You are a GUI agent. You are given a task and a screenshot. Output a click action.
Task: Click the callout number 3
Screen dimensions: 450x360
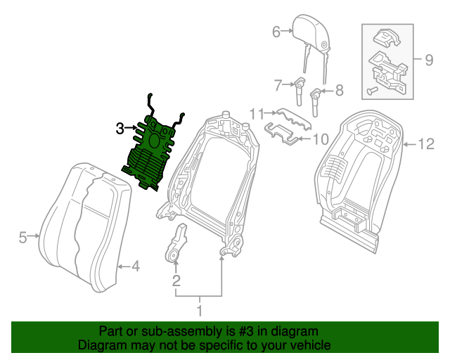[120, 129]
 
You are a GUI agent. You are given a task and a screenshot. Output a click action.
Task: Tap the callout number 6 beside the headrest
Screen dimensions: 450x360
[276, 32]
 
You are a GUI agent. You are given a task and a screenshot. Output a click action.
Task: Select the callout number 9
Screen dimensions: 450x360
[429, 60]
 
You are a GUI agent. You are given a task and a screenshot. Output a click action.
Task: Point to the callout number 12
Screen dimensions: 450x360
[426, 144]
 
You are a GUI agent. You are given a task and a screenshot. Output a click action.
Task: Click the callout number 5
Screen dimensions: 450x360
[22, 238]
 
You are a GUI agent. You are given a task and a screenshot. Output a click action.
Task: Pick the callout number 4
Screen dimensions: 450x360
[136, 266]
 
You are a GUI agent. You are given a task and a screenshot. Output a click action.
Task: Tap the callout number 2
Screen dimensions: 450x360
[176, 281]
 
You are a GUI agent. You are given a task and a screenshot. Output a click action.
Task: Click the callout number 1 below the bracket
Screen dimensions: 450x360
[200, 311]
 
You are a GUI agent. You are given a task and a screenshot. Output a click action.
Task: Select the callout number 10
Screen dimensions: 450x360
[321, 140]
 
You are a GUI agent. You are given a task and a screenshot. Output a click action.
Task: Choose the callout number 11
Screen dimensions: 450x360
[257, 114]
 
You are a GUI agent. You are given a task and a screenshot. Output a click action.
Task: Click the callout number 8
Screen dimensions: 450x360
[340, 91]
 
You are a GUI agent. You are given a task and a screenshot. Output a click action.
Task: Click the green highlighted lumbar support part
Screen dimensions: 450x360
[152, 152]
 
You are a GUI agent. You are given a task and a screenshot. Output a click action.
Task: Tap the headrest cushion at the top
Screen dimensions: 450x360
[311, 33]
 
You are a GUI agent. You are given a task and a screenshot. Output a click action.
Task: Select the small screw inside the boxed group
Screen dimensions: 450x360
[372, 91]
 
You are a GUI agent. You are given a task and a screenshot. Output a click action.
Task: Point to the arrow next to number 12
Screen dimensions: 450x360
[410, 144]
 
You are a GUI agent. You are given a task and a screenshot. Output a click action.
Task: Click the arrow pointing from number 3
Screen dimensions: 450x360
[131, 127]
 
